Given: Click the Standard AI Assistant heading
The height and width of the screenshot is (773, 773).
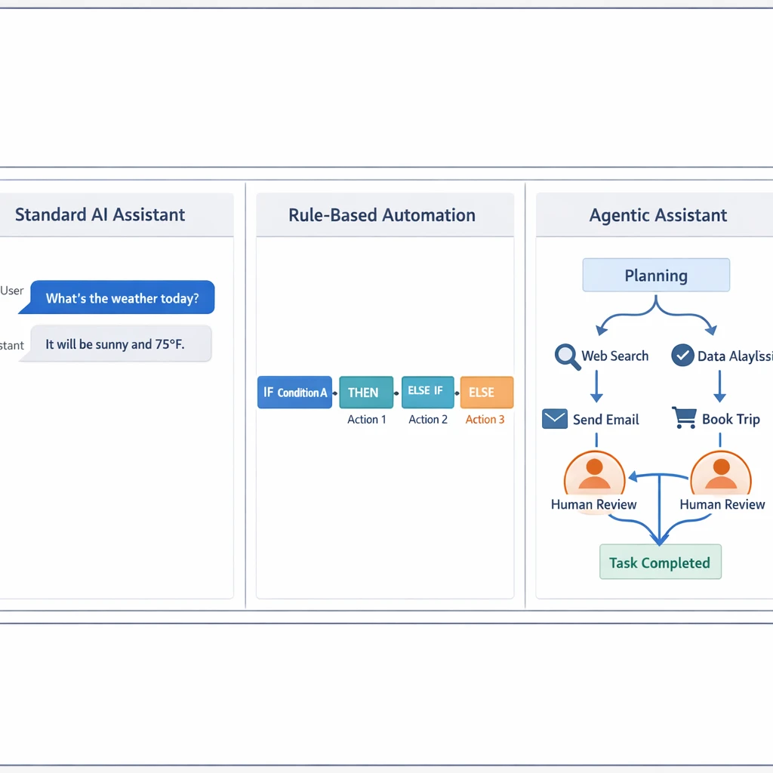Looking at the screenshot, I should click(x=100, y=214).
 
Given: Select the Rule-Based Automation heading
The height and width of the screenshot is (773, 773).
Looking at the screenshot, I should click(x=382, y=215).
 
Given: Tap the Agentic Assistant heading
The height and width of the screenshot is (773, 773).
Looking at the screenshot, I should click(x=658, y=215).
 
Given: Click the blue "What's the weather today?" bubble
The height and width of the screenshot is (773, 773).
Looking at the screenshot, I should click(x=122, y=298).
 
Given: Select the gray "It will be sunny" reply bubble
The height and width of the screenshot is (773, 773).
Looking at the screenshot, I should click(x=115, y=344).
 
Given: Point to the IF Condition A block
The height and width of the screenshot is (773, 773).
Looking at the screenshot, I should click(x=294, y=393).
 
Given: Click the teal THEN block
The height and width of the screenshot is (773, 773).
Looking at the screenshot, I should click(x=366, y=393).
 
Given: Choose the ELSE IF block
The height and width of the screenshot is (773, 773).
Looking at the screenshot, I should click(x=427, y=392).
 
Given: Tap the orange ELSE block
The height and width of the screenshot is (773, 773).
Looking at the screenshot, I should click(x=486, y=393).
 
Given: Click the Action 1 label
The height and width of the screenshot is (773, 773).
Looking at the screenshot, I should click(x=366, y=420).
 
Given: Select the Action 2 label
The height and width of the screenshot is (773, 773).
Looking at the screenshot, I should click(x=428, y=420).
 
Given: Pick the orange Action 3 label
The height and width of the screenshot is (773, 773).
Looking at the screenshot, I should click(x=485, y=420).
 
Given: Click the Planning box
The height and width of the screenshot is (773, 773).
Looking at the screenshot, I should click(x=656, y=276).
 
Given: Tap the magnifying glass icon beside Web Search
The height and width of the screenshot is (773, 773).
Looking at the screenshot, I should click(x=567, y=356).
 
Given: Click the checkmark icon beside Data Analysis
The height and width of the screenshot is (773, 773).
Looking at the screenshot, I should click(x=682, y=356).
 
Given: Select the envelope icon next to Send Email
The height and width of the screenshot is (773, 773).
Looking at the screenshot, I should click(x=555, y=419).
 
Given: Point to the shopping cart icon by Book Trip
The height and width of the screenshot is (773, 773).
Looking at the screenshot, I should click(x=684, y=418).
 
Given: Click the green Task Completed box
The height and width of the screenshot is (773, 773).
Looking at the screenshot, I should click(x=660, y=562).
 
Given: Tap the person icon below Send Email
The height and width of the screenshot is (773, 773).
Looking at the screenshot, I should click(x=594, y=473).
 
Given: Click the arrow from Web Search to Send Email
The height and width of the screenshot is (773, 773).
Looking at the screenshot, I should click(x=596, y=386).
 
